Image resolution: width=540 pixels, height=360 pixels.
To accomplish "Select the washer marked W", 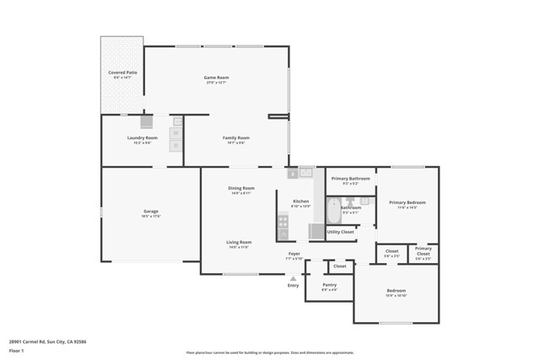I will pyautogui.click(x=176, y=132).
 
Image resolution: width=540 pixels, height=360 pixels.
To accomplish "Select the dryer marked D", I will pyautogui.click(x=176, y=146).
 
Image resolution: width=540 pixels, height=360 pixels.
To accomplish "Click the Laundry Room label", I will pyautogui.click(x=142, y=137).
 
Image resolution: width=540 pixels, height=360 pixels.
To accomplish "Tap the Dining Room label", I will pyautogui.click(x=241, y=188).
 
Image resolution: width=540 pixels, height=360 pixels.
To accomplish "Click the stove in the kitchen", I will pyautogui.click(x=283, y=223).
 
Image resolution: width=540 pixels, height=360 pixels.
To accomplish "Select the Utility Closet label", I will pyautogui.click(x=341, y=231).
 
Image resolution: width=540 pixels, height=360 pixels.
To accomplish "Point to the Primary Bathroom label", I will pyautogui.click(x=350, y=178).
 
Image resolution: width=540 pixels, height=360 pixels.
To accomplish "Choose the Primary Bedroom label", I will pyautogui.click(x=407, y=202).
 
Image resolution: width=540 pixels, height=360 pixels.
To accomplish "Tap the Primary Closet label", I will pyautogui.click(x=423, y=250).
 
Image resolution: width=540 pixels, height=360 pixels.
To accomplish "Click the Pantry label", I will pyautogui.click(x=329, y=285).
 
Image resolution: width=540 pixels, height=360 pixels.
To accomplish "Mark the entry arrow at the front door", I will pyautogui.click(x=293, y=277).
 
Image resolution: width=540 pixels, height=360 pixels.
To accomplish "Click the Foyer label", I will pyautogui.click(x=294, y=253).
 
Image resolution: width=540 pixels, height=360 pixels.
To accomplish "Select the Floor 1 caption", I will pyautogui.click(x=16, y=349).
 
